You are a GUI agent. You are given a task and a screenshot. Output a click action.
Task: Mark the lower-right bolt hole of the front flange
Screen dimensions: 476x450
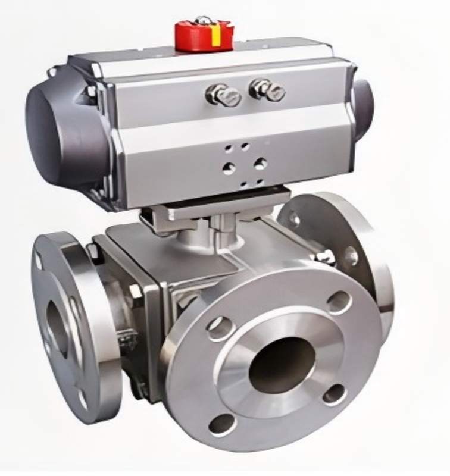(335, 394)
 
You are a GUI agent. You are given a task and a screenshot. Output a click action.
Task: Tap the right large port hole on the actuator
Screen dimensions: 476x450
(260, 164)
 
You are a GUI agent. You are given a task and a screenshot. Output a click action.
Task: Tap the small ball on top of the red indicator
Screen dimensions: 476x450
(203, 21)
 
